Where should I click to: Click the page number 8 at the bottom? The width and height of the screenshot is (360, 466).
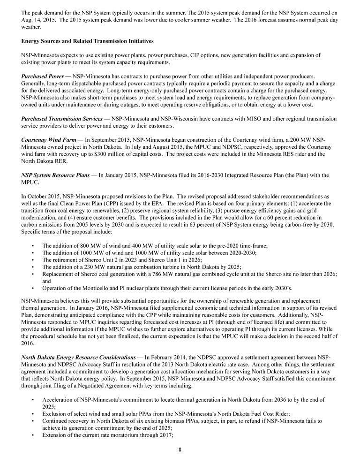tap(180, 450)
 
